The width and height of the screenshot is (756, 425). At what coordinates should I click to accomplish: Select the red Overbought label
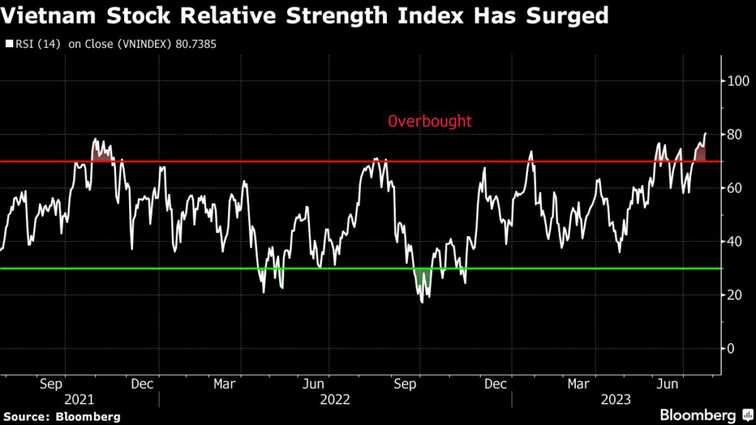tap(430, 121)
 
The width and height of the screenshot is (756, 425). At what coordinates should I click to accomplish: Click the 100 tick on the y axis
tap(735, 80)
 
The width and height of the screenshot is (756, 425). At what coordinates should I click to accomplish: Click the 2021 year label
tap(79, 399)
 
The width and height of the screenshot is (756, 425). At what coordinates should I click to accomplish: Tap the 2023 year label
tap(616, 399)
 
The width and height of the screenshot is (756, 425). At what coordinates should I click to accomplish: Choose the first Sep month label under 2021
tap(50, 384)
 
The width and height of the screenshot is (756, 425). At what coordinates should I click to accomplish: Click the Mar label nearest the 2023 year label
tap(578, 384)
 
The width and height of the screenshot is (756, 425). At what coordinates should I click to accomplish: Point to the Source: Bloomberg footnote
tap(61, 416)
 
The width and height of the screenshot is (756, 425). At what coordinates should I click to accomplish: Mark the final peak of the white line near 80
tap(706, 133)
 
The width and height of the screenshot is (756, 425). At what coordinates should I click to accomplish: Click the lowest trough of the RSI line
tap(422, 302)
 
